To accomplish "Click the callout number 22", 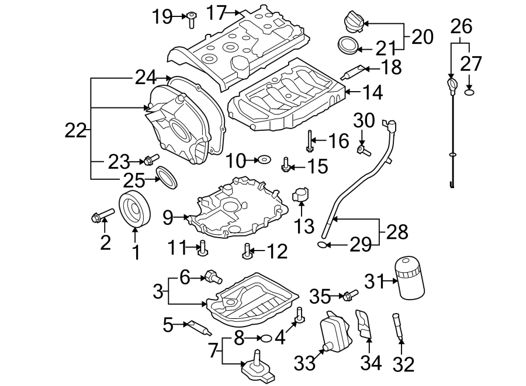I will (75, 131).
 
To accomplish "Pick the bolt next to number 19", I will (191, 20).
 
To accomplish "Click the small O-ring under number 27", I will (469, 92).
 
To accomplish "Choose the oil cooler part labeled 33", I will (331, 331).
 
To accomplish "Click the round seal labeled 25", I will (167, 176).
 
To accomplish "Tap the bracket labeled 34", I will (365, 325).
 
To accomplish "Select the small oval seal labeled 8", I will (265, 338).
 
